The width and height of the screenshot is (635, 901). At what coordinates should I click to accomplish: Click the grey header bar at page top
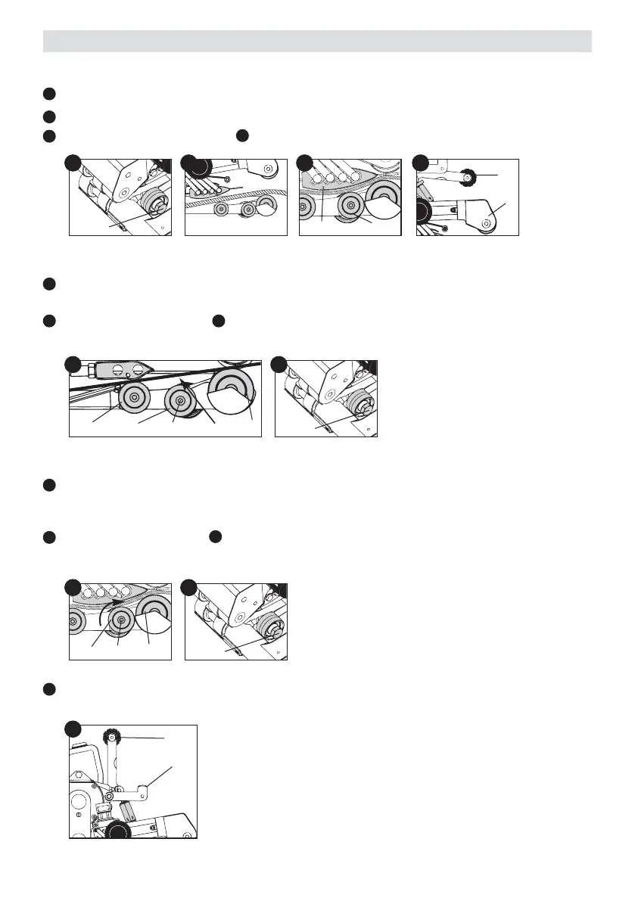(x=317, y=41)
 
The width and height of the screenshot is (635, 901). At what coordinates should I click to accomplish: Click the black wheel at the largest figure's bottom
(x=117, y=831)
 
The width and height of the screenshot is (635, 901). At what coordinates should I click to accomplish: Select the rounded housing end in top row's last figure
(x=486, y=222)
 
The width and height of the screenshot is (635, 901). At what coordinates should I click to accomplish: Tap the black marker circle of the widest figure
(x=73, y=364)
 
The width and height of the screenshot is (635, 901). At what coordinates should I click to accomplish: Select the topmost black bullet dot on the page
(x=49, y=94)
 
